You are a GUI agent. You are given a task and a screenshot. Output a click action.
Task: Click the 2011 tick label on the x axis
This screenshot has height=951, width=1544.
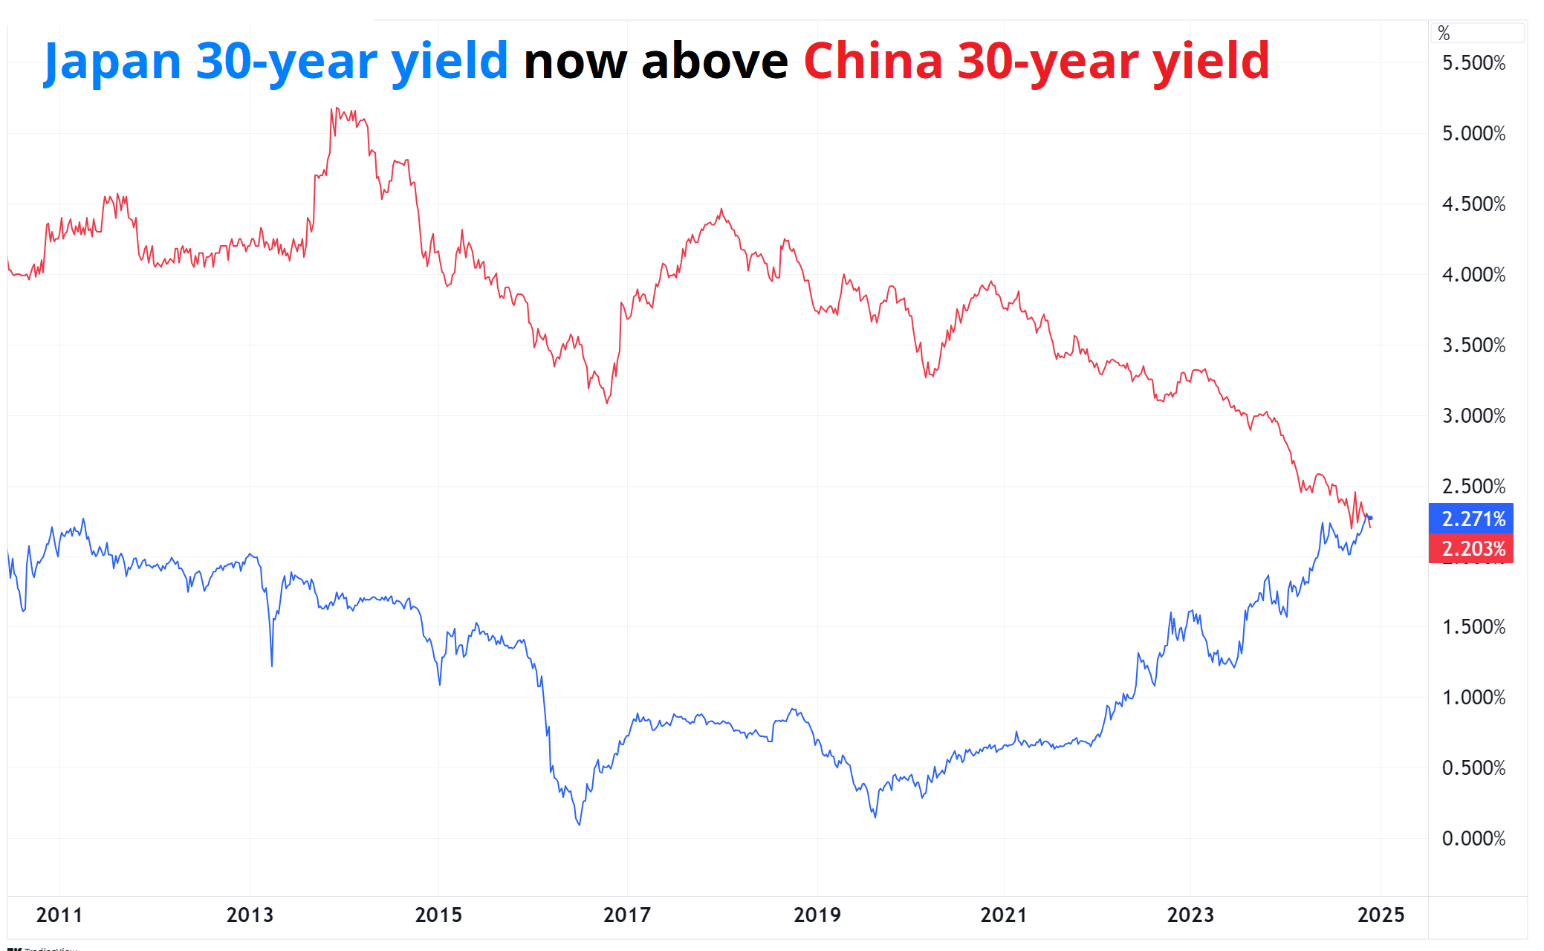[59, 915]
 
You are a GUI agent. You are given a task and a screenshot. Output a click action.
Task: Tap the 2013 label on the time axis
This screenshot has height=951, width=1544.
[250, 915]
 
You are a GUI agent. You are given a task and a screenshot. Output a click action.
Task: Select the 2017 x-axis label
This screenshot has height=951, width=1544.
[627, 915]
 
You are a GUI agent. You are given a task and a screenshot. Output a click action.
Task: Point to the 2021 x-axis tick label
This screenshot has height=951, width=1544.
[1004, 915]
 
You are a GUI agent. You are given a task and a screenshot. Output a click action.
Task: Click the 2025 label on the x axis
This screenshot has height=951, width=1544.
[1381, 915]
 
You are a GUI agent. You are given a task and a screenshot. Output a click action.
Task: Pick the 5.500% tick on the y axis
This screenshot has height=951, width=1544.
[1473, 63]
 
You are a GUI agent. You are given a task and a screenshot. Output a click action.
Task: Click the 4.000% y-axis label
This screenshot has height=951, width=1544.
[1473, 275]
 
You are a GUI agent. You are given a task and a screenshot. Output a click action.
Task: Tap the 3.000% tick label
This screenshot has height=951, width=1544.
[1473, 416]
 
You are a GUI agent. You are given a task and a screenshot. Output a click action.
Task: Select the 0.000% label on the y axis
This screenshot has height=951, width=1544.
[1473, 839]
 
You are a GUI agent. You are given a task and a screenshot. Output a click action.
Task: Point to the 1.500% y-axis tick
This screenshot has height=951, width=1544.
[1473, 627]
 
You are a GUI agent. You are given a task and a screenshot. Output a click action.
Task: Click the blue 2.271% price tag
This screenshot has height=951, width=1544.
[1471, 519]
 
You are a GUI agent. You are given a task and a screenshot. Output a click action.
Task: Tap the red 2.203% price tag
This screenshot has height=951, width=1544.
[1471, 548]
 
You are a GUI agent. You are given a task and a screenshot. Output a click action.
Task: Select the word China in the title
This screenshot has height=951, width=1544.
[873, 61]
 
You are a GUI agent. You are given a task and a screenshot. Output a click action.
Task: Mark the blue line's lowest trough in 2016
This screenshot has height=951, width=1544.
[579, 824]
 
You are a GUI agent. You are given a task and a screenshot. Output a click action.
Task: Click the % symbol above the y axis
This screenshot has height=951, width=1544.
[1444, 33]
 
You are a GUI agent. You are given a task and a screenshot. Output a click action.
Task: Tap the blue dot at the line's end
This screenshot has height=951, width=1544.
[1370, 518]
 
